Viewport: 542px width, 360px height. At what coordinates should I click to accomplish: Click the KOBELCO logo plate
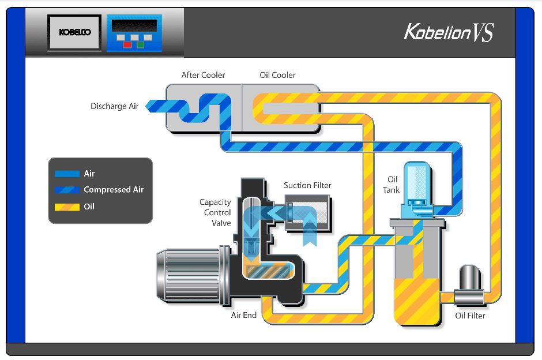75,32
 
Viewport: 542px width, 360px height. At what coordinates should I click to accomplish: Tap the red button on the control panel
126,44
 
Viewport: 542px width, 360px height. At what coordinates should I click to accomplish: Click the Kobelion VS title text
449,32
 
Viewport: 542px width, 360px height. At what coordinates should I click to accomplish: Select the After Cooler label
203,75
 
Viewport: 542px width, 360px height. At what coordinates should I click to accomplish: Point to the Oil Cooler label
277,75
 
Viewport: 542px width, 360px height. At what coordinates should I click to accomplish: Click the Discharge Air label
114,106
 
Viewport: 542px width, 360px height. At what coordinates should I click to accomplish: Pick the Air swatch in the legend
67,174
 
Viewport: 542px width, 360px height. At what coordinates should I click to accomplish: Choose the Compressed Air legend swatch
67,190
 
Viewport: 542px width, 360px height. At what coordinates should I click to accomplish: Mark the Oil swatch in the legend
67,207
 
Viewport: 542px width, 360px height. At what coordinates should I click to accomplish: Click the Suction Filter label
307,185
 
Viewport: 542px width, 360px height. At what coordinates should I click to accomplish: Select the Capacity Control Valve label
215,212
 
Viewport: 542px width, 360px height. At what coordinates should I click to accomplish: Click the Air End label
243,316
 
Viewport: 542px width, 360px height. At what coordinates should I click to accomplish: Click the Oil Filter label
470,316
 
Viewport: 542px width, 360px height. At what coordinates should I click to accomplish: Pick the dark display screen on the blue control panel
134,26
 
